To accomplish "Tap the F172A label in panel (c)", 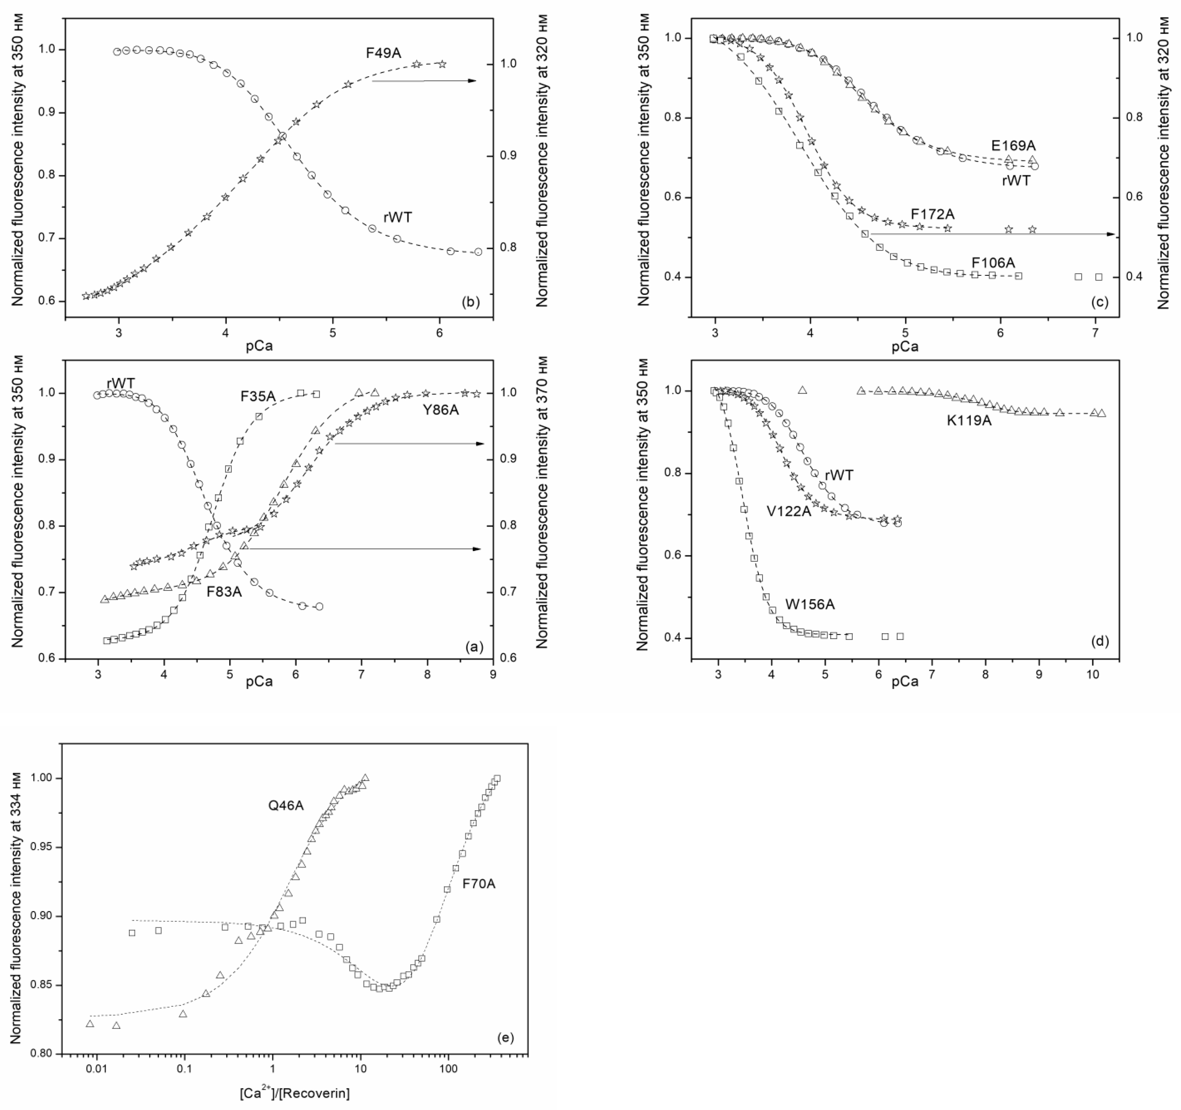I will coord(933,214).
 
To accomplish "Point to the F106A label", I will coord(993,262).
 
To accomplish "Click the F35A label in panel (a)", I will coord(258,396).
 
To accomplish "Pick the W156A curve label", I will coord(810,605).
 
